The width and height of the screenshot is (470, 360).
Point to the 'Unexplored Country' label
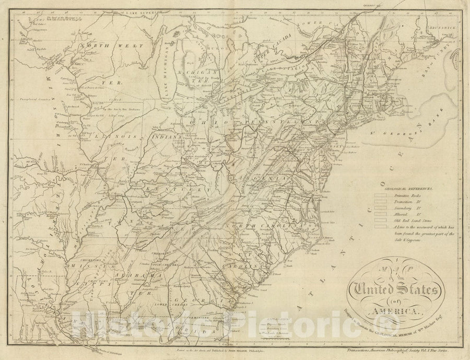pyautogui.click(x=32, y=99)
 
